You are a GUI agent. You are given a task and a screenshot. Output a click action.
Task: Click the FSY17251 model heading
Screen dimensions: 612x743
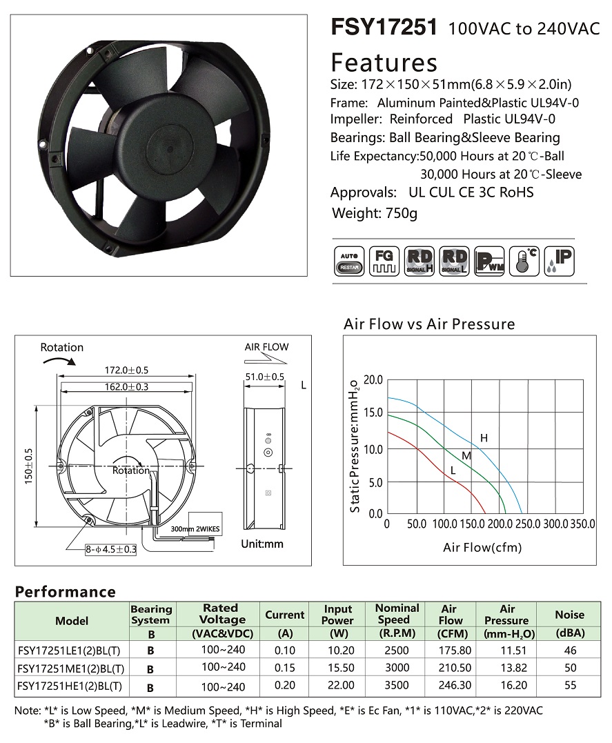[x=384, y=27]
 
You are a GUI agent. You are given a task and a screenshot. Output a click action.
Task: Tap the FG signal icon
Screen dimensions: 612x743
[x=384, y=261]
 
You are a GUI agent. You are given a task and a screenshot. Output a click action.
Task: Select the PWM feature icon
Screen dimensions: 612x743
[x=489, y=261]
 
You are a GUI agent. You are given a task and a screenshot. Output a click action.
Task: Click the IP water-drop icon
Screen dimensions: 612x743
[x=560, y=261]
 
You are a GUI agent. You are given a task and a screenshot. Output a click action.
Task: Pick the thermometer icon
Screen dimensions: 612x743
[x=524, y=261]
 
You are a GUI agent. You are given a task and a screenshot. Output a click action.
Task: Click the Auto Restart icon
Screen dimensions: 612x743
[x=349, y=261]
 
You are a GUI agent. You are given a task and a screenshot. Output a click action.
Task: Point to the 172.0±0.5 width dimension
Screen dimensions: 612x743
[x=126, y=370]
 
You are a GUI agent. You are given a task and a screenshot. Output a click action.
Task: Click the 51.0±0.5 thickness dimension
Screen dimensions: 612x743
[x=265, y=377]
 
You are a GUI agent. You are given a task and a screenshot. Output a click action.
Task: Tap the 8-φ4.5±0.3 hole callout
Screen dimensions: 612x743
[x=111, y=550]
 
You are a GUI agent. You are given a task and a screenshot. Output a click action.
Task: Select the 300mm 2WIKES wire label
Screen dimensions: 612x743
[x=195, y=529]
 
